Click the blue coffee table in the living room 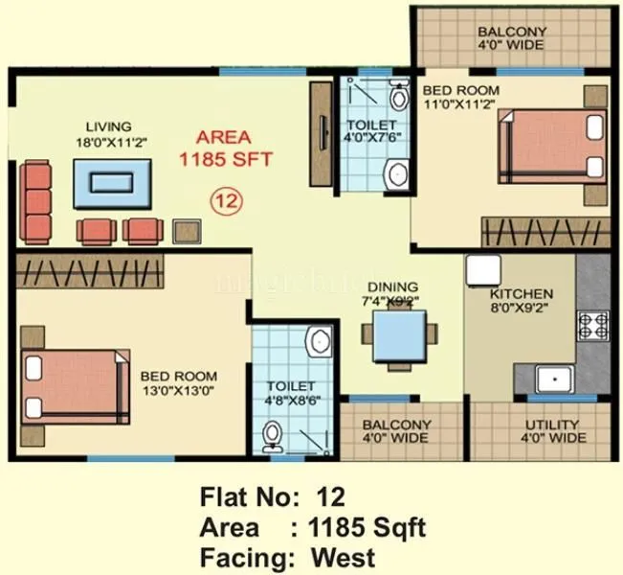click(x=114, y=183)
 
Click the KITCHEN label click(x=521, y=294)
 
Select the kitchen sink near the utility click(x=553, y=379)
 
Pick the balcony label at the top click(x=512, y=38)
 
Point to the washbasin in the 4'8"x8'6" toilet click(x=319, y=343)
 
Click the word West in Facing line click(x=343, y=557)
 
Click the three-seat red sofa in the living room click(x=36, y=202)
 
